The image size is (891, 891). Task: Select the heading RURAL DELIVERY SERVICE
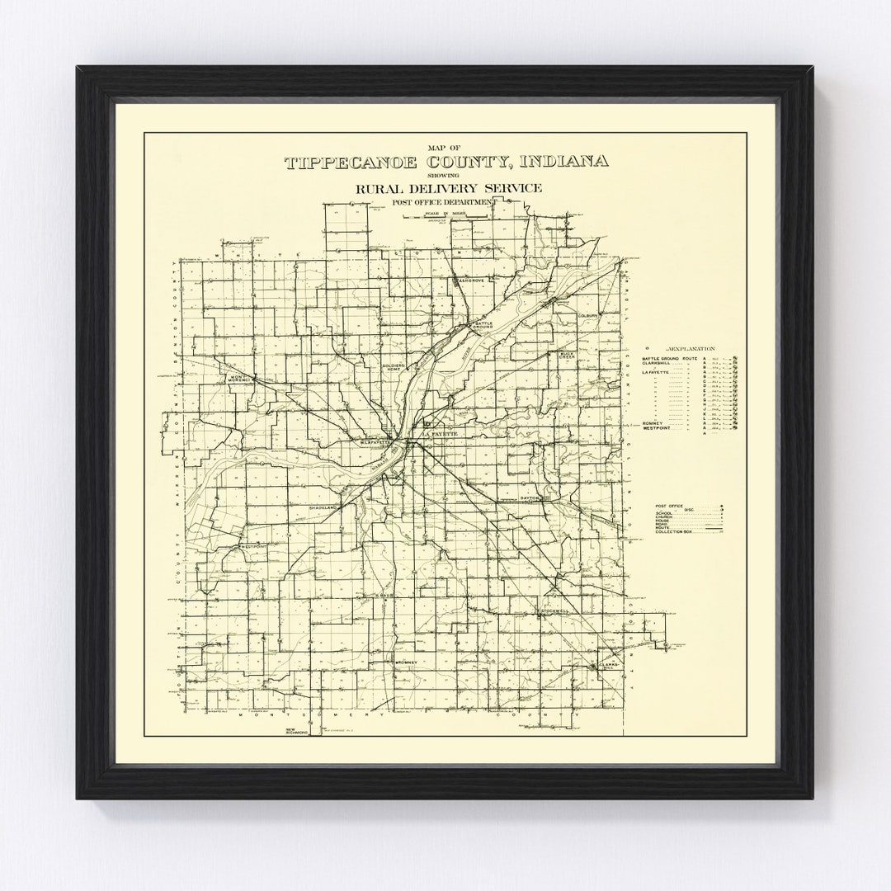[449, 189]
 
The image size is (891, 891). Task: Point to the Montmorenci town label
[238, 378]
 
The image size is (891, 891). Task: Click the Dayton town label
[530, 499]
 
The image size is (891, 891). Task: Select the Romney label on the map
[409, 662]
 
